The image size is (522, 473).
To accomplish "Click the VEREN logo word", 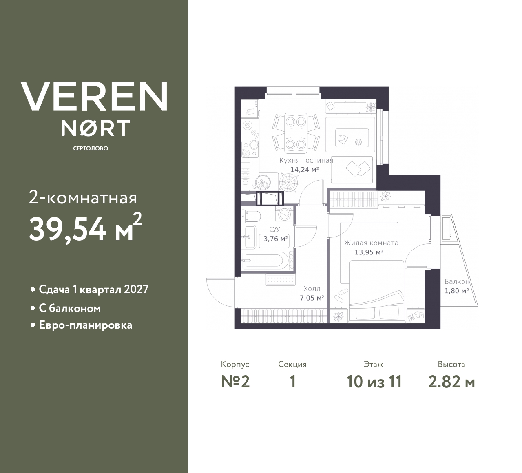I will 94,96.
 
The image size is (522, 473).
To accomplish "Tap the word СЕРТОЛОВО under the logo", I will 91,148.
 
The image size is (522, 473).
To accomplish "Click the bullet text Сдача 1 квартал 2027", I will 93,290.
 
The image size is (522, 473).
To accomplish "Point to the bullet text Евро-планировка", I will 85,325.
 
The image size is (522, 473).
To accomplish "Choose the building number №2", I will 235,382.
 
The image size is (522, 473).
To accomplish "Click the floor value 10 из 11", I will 374,382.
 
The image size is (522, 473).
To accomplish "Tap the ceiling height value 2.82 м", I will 451,382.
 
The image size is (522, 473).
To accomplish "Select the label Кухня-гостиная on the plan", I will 306,160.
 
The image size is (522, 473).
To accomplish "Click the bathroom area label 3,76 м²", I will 276,239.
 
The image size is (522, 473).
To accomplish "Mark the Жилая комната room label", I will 371,243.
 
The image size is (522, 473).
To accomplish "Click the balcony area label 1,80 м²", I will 456,291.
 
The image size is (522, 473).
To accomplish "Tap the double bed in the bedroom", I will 377,292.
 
